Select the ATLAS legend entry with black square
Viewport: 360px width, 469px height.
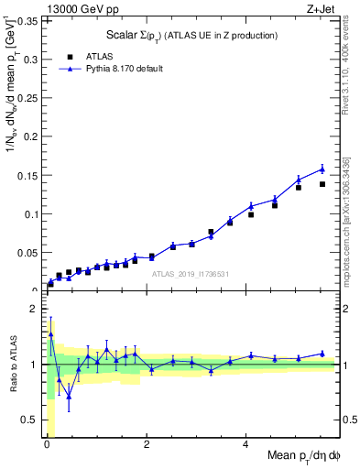(x=91, y=55)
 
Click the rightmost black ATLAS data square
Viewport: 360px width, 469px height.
(x=322, y=184)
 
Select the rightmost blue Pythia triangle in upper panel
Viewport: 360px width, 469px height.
(x=322, y=169)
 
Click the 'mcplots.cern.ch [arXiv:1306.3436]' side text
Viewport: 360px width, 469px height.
(x=349, y=209)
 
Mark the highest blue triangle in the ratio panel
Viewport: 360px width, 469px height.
(x=50, y=335)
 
